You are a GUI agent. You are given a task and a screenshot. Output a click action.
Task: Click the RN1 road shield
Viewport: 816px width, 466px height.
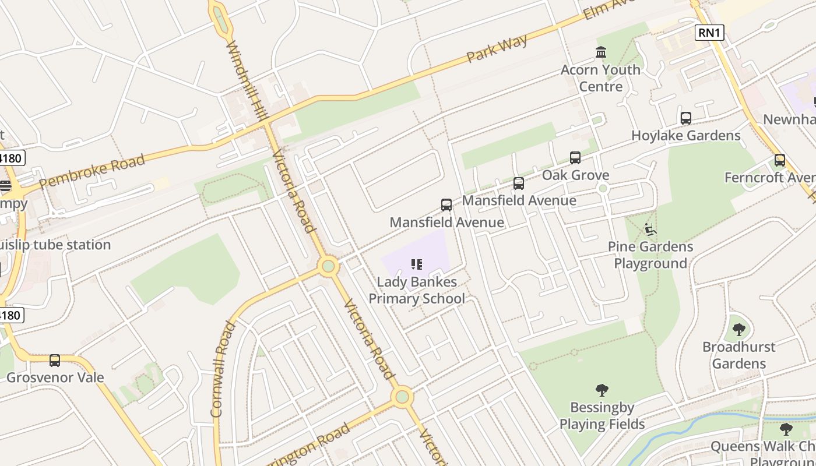click(709, 33)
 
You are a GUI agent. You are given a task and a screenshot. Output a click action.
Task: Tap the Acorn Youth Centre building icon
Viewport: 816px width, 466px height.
click(601, 52)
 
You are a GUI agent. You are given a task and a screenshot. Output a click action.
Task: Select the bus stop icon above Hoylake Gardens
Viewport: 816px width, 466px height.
click(686, 118)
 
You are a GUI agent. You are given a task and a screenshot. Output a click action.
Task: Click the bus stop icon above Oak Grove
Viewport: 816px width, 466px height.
click(575, 157)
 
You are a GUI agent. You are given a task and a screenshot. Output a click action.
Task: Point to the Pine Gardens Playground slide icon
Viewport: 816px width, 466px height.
click(650, 230)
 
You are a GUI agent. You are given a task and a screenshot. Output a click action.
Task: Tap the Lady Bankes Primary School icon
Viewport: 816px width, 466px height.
click(416, 265)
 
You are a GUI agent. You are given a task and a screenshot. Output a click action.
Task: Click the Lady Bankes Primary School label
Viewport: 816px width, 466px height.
click(417, 291)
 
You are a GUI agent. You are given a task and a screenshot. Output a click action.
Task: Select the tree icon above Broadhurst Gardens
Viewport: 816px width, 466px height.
click(739, 330)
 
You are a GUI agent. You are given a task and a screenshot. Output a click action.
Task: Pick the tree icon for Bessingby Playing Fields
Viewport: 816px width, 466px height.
click(602, 390)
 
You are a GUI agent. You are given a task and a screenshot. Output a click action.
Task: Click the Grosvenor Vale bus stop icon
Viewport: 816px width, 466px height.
click(55, 361)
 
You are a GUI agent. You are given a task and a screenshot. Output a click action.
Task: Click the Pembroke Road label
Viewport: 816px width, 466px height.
click(92, 172)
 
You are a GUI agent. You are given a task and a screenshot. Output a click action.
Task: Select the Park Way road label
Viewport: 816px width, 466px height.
click(497, 49)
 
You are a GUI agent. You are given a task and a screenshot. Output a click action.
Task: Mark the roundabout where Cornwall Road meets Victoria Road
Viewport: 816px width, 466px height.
click(329, 267)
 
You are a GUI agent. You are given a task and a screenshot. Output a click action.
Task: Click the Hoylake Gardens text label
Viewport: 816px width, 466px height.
click(686, 136)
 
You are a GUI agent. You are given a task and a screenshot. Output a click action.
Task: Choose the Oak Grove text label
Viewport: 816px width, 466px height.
click(575, 175)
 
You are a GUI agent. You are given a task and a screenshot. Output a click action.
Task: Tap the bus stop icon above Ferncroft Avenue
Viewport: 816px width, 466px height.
click(780, 160)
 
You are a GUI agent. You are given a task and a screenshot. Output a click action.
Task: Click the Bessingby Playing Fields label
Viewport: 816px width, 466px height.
click(602, 415)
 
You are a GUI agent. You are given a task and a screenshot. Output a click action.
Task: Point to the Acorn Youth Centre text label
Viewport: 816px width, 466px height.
click(600, 78)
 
